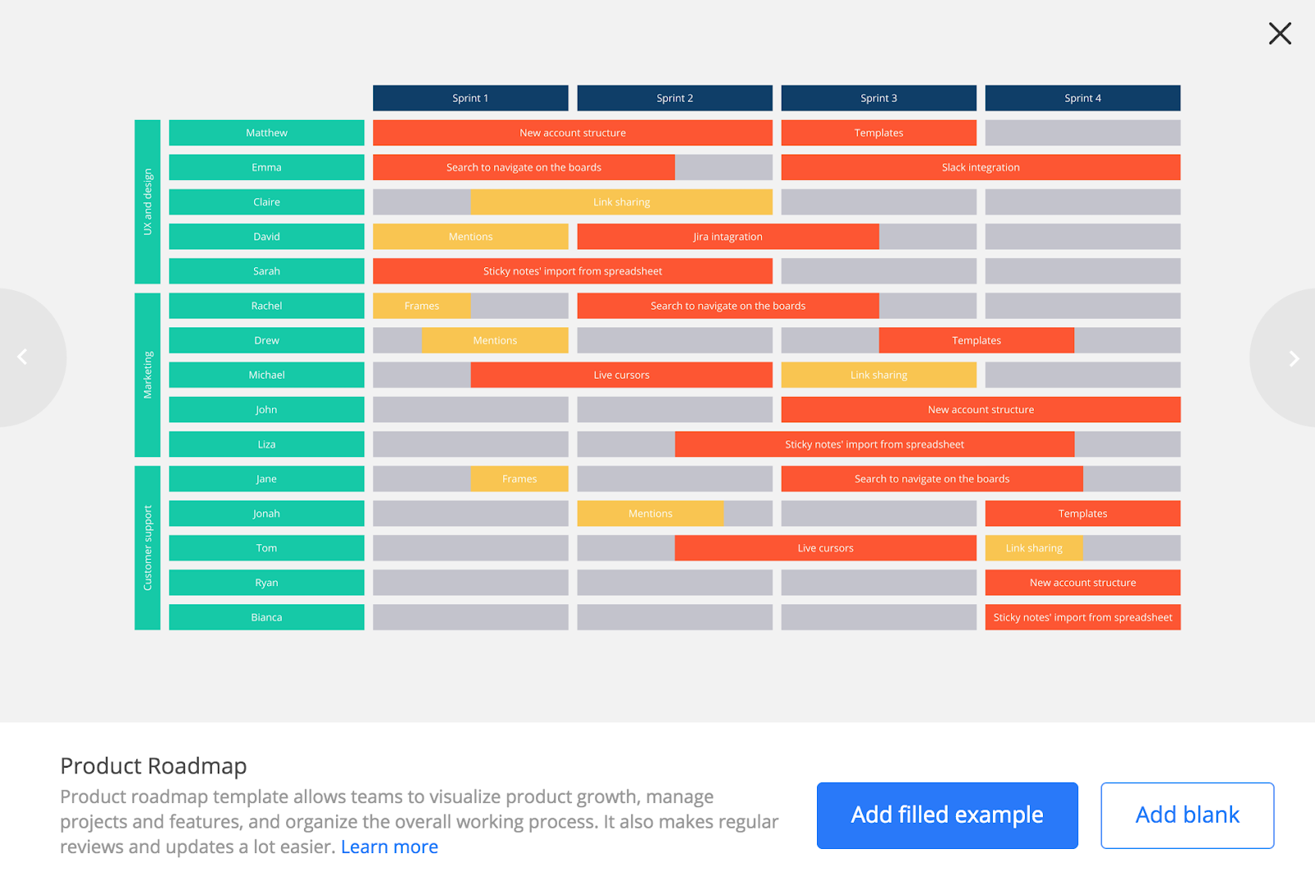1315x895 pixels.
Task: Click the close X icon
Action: (1280, 34)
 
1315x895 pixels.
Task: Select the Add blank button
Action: (1187, 815)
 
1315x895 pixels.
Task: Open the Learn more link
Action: (389, 847)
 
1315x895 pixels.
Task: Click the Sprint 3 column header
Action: (879, 98)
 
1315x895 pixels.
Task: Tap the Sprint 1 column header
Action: (470, 98)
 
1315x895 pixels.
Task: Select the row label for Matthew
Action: (266, 133)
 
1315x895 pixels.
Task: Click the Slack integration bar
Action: (980, 168)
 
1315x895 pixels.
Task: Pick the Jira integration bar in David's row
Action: (727, 237)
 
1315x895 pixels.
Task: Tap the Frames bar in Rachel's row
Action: (422, 306)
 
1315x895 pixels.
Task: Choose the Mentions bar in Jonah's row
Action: (650, 514)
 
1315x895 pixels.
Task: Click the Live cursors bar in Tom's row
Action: (825, 548)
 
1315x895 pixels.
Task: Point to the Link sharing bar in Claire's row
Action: (621, 202)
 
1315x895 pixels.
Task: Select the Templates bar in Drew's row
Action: (976, 340)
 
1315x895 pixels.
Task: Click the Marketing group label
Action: (148, 375)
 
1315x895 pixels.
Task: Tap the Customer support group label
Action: (148, 548)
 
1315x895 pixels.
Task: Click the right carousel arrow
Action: (1293, 358)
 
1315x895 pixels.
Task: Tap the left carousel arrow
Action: (23, 357)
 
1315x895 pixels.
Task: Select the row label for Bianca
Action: (266, 617)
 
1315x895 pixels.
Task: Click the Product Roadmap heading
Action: (154, 766)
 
